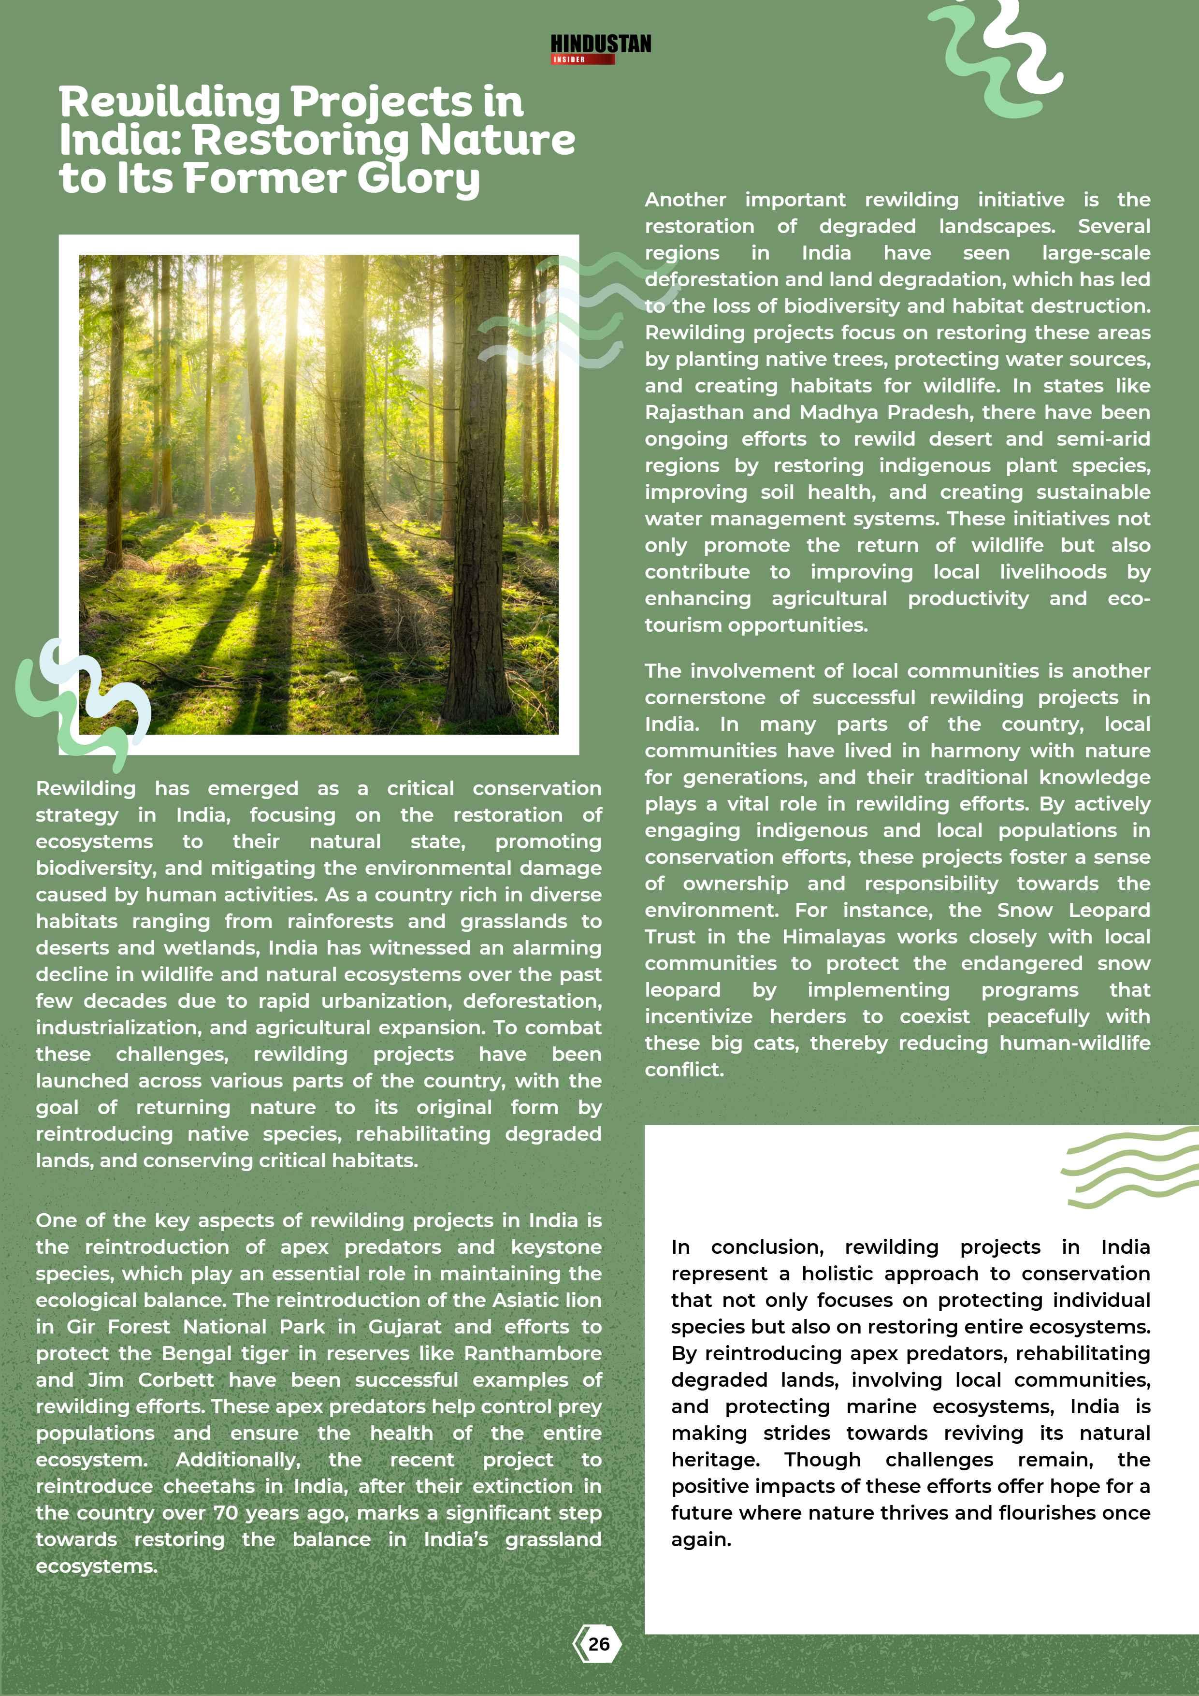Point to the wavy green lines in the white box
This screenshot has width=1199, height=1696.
(x=1127, y=1167)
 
